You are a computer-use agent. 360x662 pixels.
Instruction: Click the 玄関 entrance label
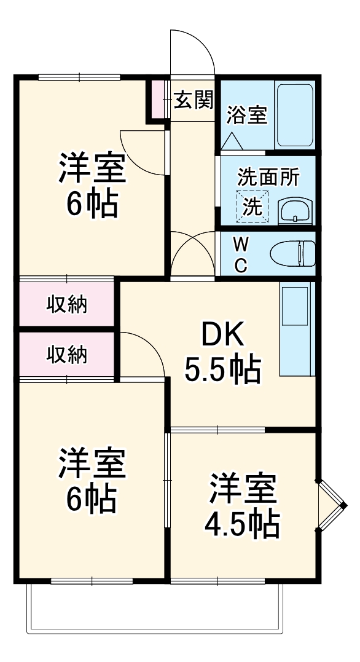click(194, 100)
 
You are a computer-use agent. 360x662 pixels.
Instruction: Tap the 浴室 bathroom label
click(247, 115)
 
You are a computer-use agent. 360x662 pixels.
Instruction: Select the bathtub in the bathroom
click(295, 115)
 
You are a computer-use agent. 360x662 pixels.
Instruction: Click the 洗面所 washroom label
click(268, 177)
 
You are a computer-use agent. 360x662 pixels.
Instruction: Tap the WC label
click(241, 254)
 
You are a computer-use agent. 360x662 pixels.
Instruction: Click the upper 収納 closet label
click(68, 304)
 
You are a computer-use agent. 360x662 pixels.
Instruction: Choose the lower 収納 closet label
click(68, 355)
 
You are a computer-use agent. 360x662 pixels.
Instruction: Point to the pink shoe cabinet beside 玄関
click(159, 99)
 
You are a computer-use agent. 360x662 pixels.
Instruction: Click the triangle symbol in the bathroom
click(232, 141)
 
